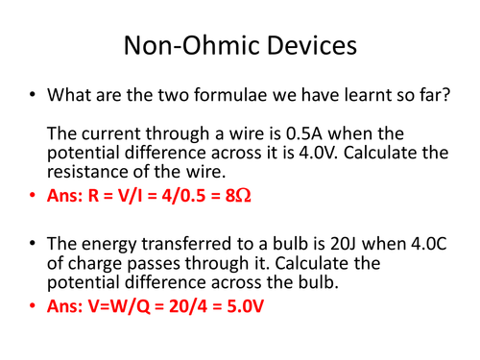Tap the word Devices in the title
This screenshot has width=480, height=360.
point(306,45)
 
